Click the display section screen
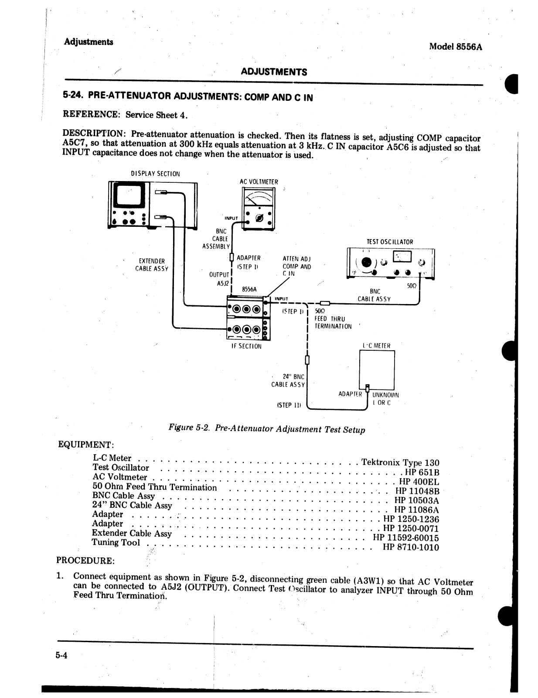[128, 195]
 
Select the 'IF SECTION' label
[246, 346]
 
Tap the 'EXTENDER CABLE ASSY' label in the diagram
[151, 265]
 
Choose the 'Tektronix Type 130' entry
[400, 462]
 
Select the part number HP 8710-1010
[411, 547]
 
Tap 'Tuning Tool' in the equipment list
[116, 542]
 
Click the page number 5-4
[62, 656]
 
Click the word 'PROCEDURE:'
[86, 560]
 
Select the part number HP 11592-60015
[406, 538]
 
